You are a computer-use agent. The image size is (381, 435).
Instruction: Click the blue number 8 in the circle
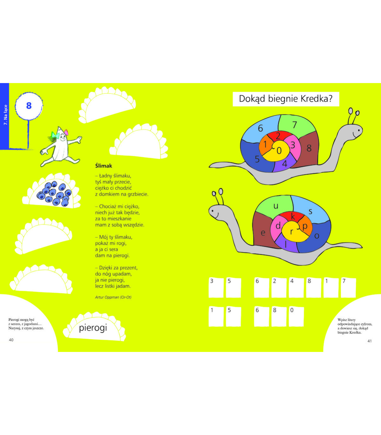[29, 106]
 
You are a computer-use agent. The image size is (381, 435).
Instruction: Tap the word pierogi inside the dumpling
[93, 328]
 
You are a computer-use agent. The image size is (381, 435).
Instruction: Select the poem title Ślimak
[104, 166]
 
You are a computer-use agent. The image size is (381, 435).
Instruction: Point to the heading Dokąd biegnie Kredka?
[286, 99]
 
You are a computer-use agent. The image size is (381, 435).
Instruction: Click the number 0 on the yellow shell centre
[279, 151]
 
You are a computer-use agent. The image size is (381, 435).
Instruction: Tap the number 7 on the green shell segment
[295, 125]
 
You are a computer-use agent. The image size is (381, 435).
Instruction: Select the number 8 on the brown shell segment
[309, 148]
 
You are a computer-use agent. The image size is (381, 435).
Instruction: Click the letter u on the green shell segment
[276, 206]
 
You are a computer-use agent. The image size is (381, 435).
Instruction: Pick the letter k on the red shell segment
[293, 217]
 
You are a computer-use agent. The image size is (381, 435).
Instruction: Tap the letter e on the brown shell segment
[263, 233]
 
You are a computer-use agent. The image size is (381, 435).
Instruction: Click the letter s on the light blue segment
[310, 211]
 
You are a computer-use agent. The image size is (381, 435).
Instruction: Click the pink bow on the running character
[66, 132]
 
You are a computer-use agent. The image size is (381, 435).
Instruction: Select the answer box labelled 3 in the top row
[216, 287]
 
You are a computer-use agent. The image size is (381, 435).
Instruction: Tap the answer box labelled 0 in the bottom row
[296, 316]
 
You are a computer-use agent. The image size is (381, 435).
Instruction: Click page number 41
[370, 341]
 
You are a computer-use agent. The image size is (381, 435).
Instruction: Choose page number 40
[11, 340]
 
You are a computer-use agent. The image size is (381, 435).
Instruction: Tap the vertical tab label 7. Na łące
[5, 115]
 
